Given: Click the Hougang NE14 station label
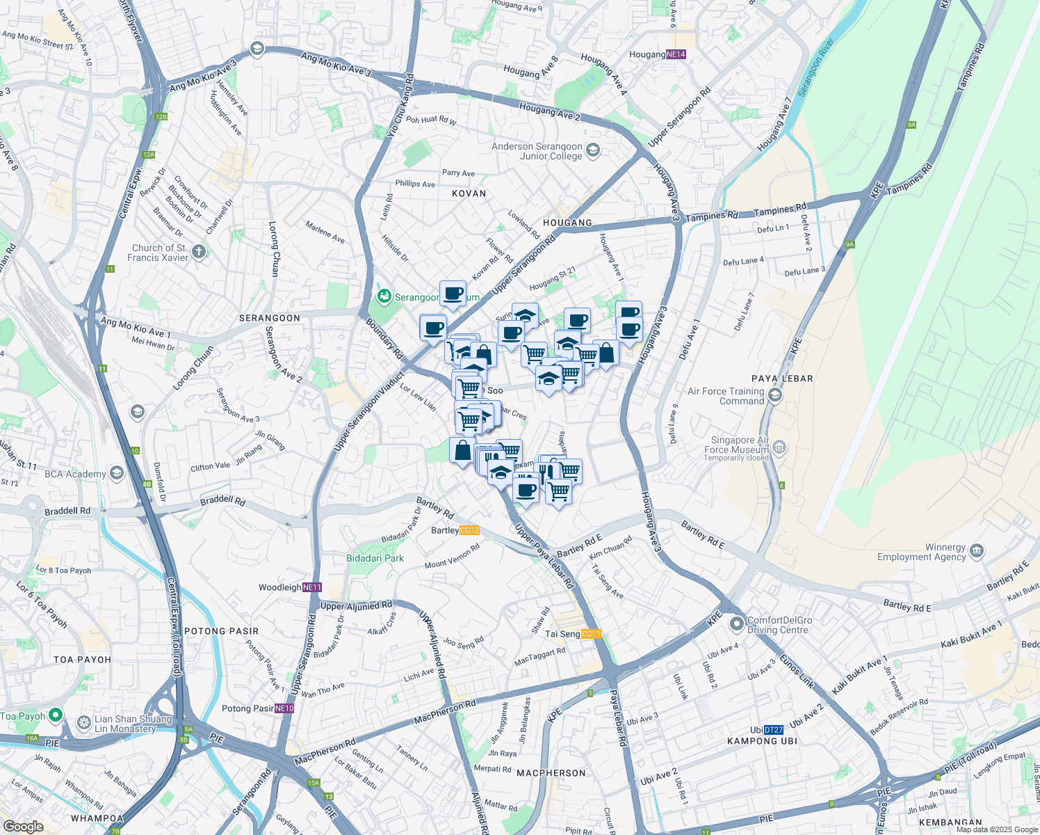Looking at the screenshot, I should [x=657, y=54].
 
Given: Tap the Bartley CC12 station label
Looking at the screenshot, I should [x=455, y=530].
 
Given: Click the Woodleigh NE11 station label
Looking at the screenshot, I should [x=290, y=587].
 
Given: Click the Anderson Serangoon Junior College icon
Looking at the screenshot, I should [x=593, y=150].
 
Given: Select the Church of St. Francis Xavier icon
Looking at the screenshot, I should [x=199, y=251].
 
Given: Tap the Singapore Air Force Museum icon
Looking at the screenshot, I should [x=779, y=447].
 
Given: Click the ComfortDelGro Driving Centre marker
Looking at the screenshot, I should [x=737, y=624].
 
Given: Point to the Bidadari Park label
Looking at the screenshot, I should [x=375, y=558].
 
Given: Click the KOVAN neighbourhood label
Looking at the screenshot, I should [x=469, y=193].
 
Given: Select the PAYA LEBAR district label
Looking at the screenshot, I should [x=782, y=379].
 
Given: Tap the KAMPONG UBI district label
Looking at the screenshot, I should [x=762, y=741].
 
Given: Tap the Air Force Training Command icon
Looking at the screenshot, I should [x=775, y=395].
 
